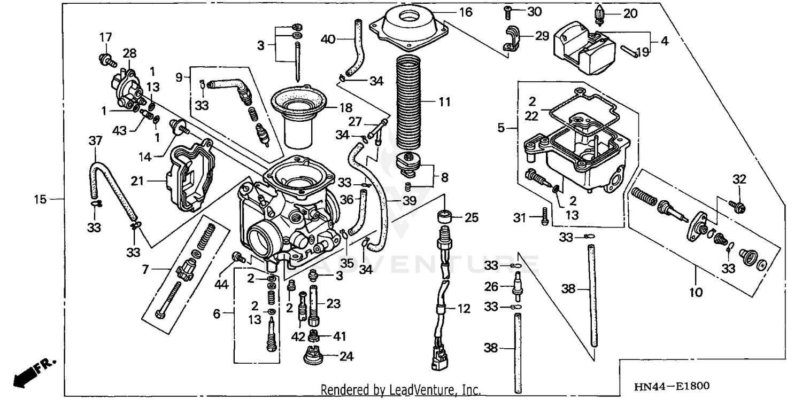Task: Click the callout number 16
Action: (x=466, y=11)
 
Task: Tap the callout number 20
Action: (x=630, y=14)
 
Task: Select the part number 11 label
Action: (x=444, y=101)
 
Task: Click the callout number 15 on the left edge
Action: (x=40, y=200)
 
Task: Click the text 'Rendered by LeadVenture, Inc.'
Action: (x=400, y=389)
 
